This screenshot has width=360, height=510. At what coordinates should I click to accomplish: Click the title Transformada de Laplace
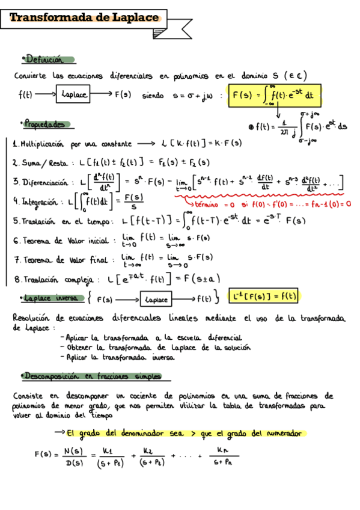[x=85, y=18]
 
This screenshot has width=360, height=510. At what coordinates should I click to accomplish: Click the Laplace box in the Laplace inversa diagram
[x=156, y=298]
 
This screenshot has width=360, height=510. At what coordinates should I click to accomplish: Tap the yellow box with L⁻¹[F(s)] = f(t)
[x=264, y=296]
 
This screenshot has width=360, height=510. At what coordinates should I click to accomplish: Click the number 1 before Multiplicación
[x=14, y=144]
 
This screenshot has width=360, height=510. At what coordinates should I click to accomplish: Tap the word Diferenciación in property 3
[x=46, y=182]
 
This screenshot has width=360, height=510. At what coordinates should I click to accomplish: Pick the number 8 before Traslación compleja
[x=17, y=279]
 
